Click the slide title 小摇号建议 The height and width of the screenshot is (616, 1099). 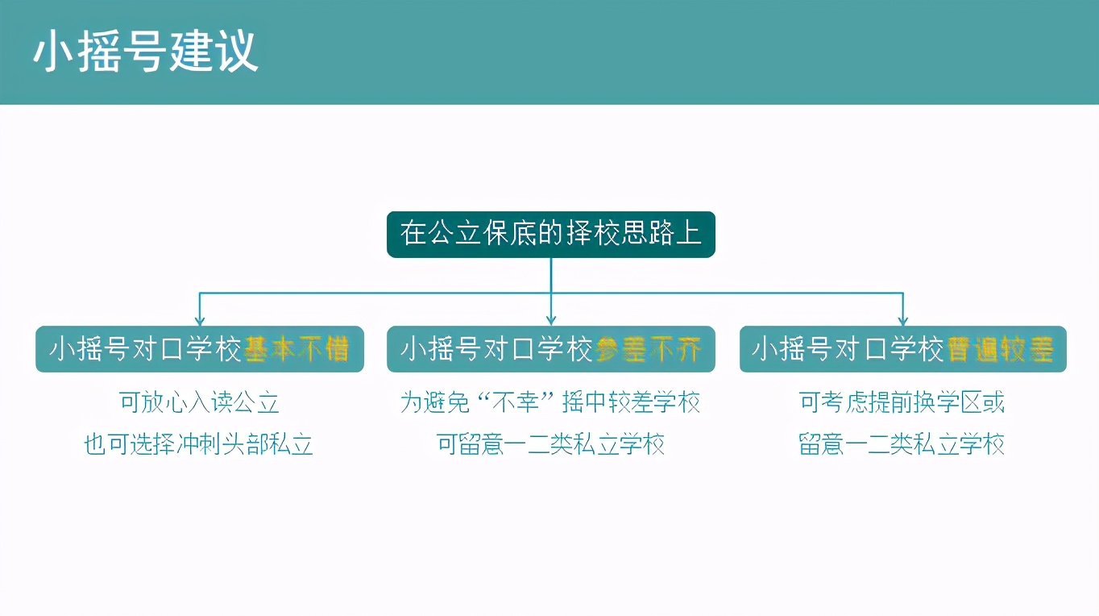[x=145, y=52]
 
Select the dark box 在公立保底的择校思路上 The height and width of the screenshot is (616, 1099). [x=550, y=234]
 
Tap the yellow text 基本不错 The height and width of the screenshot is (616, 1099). [x=297, y=349]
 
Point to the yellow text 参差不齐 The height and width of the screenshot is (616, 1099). [x=649, y=349]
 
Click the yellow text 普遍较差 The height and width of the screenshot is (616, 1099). [x=1001, y=349]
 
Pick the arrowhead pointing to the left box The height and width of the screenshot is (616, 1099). [x=200, y=320]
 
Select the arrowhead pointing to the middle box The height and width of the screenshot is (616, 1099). [x=551, y=320]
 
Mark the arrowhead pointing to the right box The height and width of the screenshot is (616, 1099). [x=902, y=320]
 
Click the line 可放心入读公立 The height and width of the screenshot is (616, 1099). [x=199, y=402]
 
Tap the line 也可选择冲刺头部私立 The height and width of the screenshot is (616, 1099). [x=199, y=444]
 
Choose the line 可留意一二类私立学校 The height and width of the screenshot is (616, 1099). [x=550, y=444]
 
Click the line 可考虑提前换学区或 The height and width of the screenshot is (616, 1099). [x=902, y=402]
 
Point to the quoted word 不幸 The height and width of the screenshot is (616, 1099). [x=515, y=402]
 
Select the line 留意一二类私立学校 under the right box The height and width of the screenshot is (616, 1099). [x=902, y=444]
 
